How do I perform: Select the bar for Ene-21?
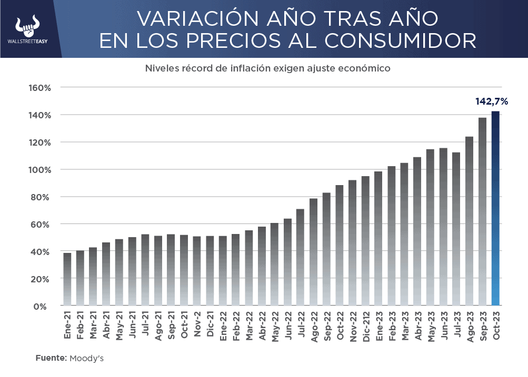67,279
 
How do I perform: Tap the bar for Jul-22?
301,257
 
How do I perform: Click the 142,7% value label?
492,101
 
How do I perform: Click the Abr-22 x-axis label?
262,328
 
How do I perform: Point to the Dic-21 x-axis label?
210,327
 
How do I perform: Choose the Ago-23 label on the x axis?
469,328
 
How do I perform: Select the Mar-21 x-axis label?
93,327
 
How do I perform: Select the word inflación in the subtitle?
224,68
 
